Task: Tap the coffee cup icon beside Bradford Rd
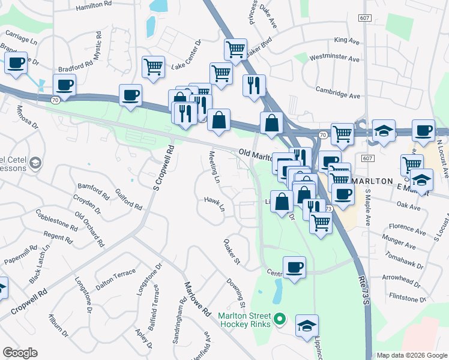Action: [x=65, y=85]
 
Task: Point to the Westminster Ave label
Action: [x=334, y=59]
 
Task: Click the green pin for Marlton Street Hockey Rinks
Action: [x=279, y=319]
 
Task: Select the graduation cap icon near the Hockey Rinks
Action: [x=307, y=326]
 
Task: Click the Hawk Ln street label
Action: [x=214, y=204]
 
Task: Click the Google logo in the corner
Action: [x=20, y=353]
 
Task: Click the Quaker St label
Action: [x=232, y=253]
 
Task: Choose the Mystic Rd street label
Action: [x=100, y=52]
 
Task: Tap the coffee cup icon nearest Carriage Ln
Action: [x=16, y=62]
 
